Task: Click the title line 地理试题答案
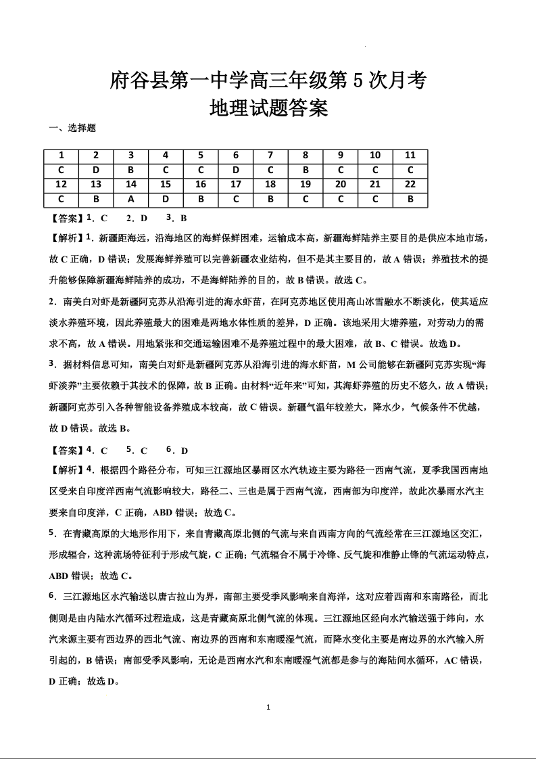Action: click(268, 108)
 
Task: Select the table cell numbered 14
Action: click(131, 185)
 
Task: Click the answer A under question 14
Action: click(131, 200)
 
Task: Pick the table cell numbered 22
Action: click(410, 185)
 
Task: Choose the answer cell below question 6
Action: click(236, 170)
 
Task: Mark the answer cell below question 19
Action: click(306, 200)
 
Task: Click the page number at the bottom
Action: click(268, 708)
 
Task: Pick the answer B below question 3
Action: click(131, 170)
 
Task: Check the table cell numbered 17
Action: click(236, 185)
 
